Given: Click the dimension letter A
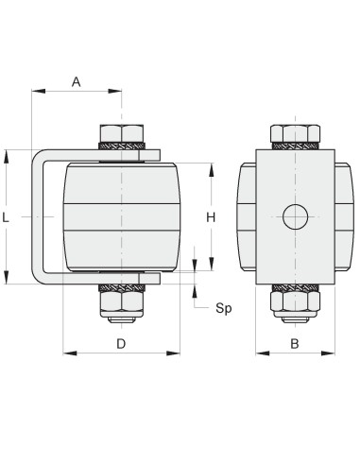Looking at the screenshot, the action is click(77, 82).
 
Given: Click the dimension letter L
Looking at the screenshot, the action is click(6, 217).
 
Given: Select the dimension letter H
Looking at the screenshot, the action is click(211, 217).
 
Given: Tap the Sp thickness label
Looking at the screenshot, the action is click(224, 308).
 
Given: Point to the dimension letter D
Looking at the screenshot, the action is click(121, 344).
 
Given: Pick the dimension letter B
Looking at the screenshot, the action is click(295, 344).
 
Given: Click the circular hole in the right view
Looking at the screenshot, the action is click(295, 216).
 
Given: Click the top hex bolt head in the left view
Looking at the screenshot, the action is click(122, 133).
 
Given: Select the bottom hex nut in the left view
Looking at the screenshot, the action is click(122, 301).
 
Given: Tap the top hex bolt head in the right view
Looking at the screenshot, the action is click(295, 133).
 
